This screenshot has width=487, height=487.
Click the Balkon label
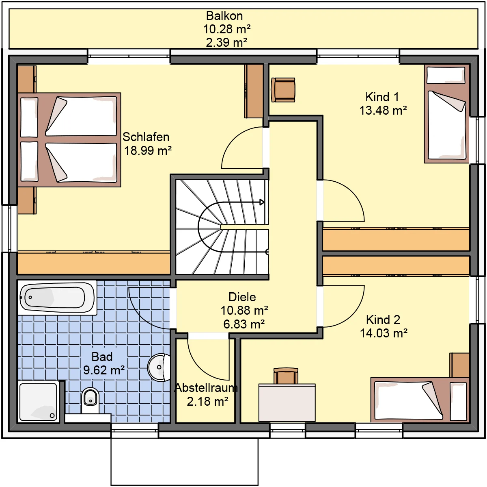pos(224,16)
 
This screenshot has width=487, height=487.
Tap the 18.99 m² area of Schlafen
pos(148,151)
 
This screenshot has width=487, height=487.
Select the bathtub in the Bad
pos(57,298)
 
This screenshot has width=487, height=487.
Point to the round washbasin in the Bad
pos(159,367)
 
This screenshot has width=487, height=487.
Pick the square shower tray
pos(39,402)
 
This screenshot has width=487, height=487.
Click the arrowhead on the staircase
pos(262,202)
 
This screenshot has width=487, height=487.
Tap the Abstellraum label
pos(206,388)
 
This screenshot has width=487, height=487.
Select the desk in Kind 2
pos(287,403)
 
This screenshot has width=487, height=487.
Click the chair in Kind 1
pos(283,90)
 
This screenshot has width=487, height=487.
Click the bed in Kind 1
pos(446,114)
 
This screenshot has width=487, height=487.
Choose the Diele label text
pos(242,297)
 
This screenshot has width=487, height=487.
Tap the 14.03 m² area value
pos(384,333)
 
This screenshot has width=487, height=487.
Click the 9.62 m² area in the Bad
pos(104,370)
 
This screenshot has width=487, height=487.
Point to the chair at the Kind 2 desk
pos(286,376)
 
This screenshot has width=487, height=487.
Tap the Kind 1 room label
pos(382,97)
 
